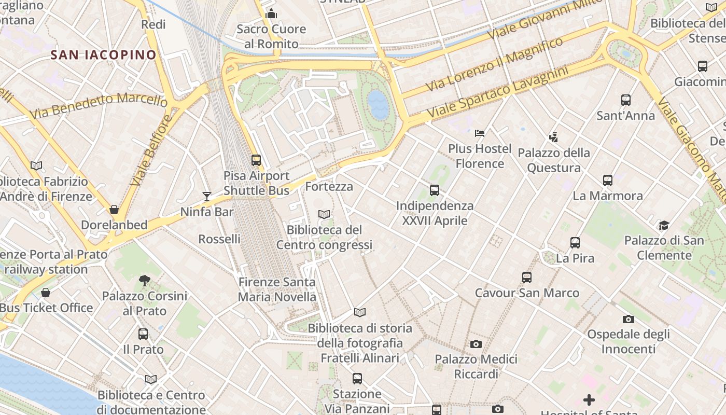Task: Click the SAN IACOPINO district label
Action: click(103, 54)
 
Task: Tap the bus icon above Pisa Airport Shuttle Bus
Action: click(256, 160)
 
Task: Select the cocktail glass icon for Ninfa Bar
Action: click(207, 196)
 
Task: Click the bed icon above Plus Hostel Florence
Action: click(480, 133)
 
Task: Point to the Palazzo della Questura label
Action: click(554, 160)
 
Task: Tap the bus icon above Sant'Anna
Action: click(626, 100)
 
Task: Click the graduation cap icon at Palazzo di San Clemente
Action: click(664, 225)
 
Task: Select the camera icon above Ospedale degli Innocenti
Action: click(628, 319)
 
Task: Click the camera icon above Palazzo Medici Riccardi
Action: click(476, 344)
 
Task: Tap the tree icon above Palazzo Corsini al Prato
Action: click(145, 281)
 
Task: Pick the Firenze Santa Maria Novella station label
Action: click(277, 289)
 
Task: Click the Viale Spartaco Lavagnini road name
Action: click(497, 92)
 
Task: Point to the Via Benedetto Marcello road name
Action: click(99, 104)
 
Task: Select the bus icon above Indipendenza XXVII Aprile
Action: click(435, 190)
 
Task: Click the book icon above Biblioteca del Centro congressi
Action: click(324, 214)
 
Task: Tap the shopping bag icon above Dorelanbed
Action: click(114, 210)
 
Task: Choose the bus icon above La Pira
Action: click(575, 243)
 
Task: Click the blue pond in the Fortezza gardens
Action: click(378, 105)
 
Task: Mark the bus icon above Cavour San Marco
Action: click(527, 278)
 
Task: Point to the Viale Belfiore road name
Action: click(151, 150)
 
